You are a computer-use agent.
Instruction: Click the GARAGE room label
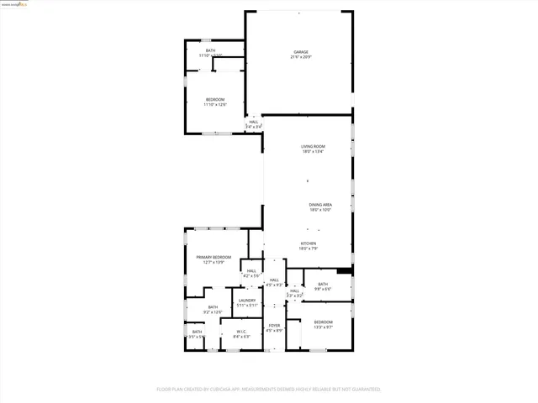299,51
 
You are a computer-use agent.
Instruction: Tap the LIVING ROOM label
313,147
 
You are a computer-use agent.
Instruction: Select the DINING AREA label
320,205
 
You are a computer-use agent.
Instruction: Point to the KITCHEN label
309,243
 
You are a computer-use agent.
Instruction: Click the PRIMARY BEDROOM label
214,257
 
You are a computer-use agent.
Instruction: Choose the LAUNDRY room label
246,301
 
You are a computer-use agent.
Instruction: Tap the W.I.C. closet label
241,331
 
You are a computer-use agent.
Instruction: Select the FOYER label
274,325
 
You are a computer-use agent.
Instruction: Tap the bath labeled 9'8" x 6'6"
323,285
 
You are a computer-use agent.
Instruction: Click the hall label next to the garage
253,123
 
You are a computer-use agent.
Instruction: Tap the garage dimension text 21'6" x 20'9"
299,57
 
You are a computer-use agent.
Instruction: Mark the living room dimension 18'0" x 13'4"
313,152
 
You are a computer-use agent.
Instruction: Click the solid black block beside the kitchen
343,270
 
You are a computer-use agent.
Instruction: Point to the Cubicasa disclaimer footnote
269,390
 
